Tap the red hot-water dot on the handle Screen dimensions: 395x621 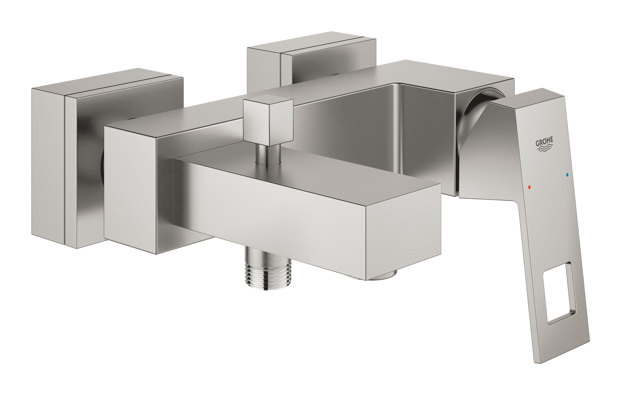click(x=530, y=188)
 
